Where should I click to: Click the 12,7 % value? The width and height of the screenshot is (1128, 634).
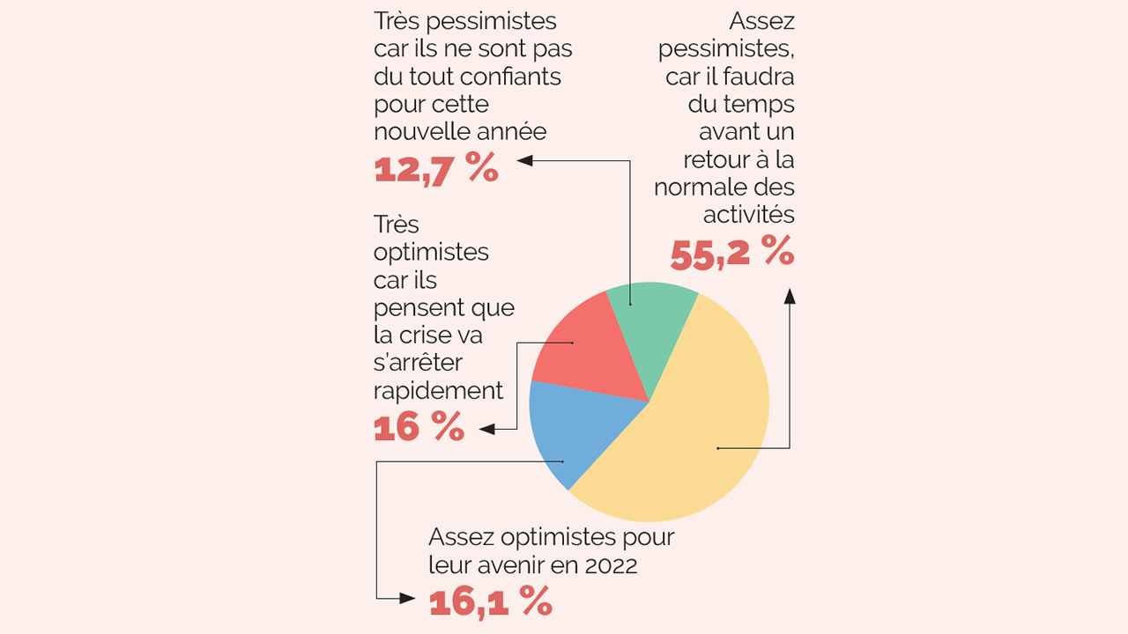(436, 168)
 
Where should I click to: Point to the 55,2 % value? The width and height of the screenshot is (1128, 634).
(731, 254)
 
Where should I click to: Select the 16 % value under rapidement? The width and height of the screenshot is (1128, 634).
(419, 427)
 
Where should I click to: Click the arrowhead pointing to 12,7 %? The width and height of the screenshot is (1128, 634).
(525, 160)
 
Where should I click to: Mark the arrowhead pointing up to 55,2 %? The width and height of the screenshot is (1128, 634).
(790, 296)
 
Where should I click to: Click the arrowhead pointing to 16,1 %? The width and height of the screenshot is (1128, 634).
(406, 598)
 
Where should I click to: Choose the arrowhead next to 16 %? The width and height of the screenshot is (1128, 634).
(486, 429)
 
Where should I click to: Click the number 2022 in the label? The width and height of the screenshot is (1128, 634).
(611, 565)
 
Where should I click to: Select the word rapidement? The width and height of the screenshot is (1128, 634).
(438, 390)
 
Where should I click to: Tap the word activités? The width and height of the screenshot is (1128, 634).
(748, 214)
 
